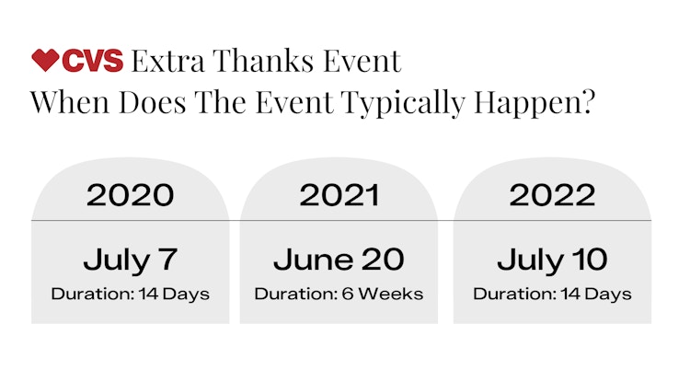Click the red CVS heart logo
pyautogui.click(x=45, y=60)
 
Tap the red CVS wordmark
pyautogui.click(x=92, y=61)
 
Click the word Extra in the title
pyautogui.click(x=168, y=61)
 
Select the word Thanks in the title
pyautogui.click(x=263, y=61)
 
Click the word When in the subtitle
pyautogui.click(x=70, y=102)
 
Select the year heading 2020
pyautogui.click(x=131, y=195)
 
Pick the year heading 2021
pyautogui.click(x=339, y=195)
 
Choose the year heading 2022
pyautogui.click(x=552, y=195)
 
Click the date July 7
pyautogui.click(x=131, y=260)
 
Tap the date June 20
pyautogui.click(x=339, y=260)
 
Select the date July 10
pyautogui.click(x=552, y=260)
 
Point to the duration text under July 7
pyautogui.click(x=131, y=295)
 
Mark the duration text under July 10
pyautogui.click(x=552, y=295)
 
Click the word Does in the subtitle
pyautogui.click(x=152, y=102)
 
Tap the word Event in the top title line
pyautogui.click(x=362, y=61)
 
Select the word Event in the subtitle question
pyautogui.click(x=294, y=102)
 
